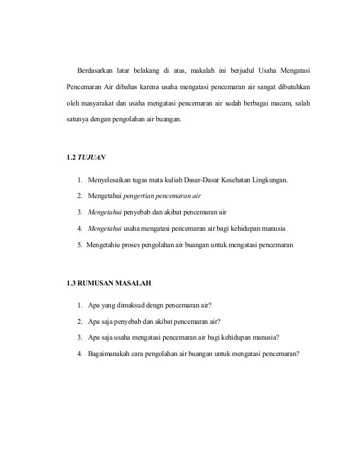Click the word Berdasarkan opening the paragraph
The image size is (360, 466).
point(94,71)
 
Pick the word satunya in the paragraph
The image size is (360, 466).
point(78,120)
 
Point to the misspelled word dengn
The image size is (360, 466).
point(164,306)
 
